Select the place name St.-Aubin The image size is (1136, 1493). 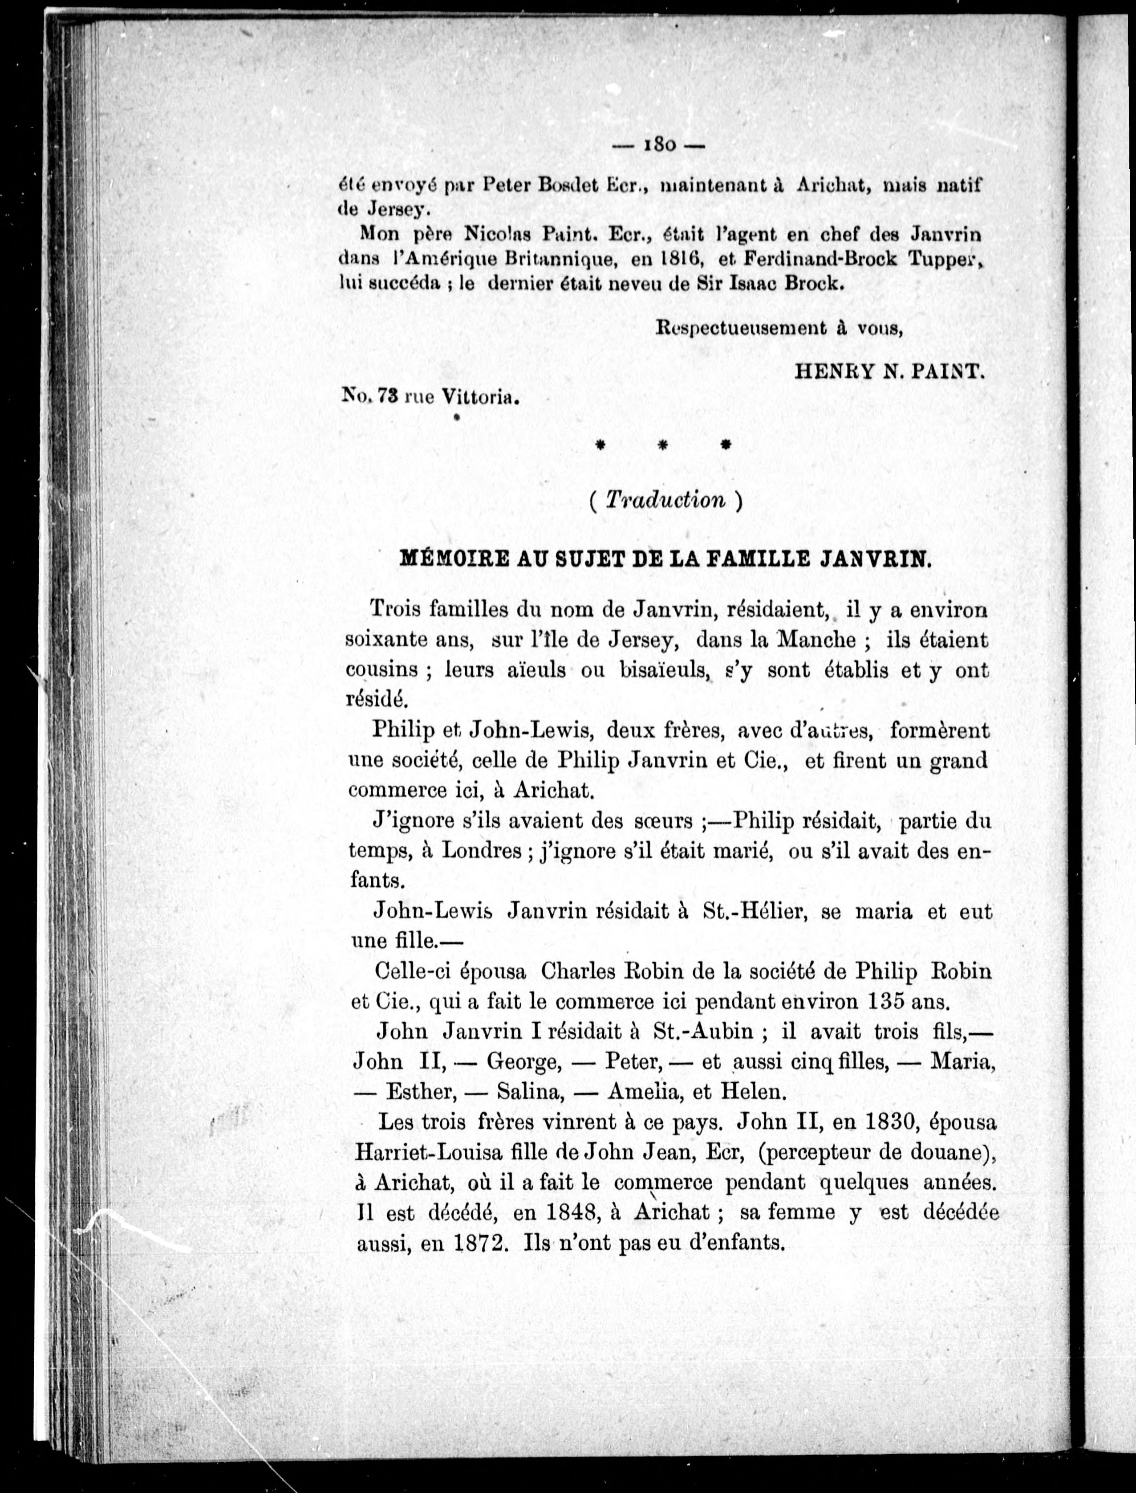pyautogui.click(x=704, y=1031)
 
